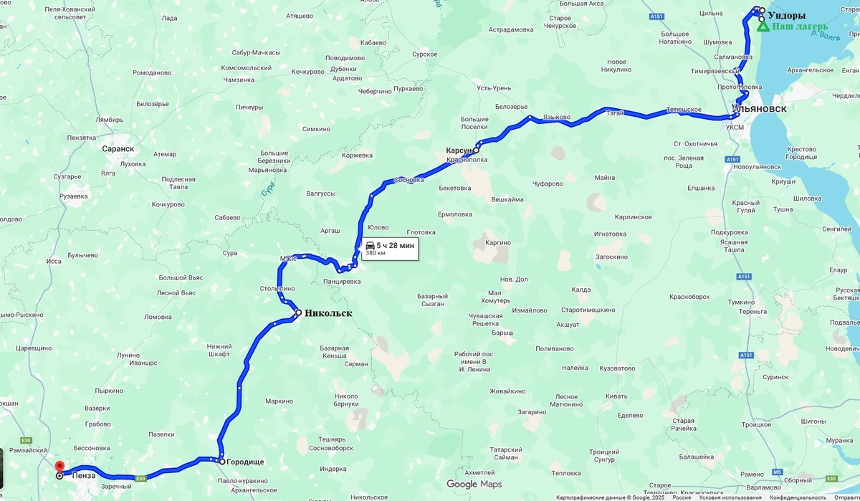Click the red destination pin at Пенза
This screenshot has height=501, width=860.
click(x=59, y=466)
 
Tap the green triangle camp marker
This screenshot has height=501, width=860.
click(x=764, y=27)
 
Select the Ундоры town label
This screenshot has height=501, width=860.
click(x=786, y=15)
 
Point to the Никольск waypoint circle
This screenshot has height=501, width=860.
click(x=297, y=312)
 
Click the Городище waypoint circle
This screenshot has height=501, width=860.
click(x=222, y=462)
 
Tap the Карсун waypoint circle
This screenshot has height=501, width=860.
click(x=476, y=151)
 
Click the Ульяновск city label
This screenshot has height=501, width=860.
click(x=760, y=109)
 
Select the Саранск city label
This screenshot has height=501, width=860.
click(x=118, y=148)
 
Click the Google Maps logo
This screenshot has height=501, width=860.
click(x=474, y=485)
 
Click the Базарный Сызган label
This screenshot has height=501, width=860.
click(x=432, y=300)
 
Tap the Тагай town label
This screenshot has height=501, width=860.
click(x=615, y=113)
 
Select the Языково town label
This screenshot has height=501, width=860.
click(x=557, y=117)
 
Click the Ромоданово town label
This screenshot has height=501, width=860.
click(x=152, y=72)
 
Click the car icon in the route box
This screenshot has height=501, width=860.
click(x=370, y=245)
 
